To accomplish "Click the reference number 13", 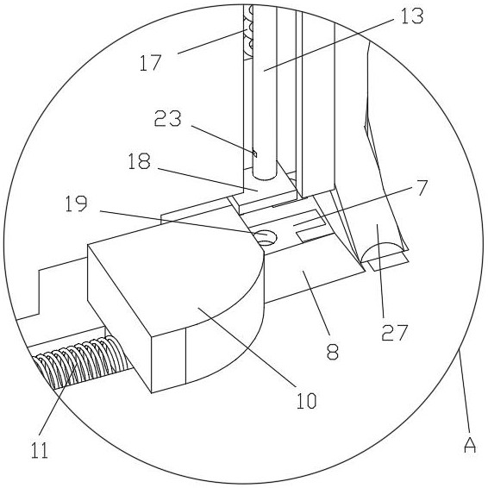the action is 412,16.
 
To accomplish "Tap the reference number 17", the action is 151,63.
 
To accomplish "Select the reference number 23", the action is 168,118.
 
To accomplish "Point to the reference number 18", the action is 140,161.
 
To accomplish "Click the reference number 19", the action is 77,203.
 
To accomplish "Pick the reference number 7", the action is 421,187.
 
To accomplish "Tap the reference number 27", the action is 395,333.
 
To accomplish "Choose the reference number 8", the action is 333,352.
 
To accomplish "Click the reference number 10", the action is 307,401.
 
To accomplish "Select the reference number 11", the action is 40,450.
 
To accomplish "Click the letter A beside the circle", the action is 470,445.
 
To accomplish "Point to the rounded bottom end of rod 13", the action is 264,176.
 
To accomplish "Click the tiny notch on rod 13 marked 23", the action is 254,153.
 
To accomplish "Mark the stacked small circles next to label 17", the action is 248,31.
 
